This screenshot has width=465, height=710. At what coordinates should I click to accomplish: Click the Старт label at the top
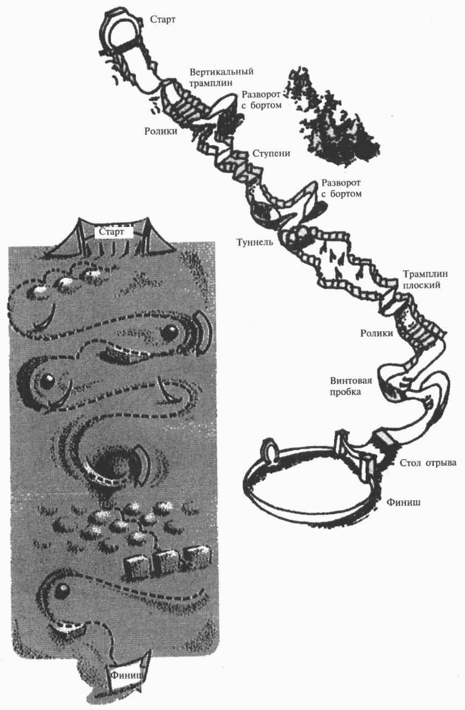tap(163, 19)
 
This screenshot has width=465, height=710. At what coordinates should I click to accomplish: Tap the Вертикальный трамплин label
tap(221, 77)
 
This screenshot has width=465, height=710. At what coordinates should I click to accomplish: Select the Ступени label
tap(271, 153)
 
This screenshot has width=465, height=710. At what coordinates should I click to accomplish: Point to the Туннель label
tap(255, 242)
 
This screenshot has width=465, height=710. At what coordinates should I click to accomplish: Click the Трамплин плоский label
tap(425, 279)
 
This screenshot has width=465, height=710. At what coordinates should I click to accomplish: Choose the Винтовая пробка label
tap(351, 386)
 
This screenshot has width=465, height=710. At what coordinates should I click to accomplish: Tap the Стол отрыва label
tap(428, 463)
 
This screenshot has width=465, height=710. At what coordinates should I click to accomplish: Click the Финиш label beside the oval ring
tap(404, 502)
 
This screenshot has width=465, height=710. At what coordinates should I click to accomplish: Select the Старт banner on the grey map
tap(112, 232)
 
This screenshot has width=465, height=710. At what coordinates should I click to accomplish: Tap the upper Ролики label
tap(160, 131)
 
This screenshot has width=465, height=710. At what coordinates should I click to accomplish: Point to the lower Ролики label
tap(377, 333)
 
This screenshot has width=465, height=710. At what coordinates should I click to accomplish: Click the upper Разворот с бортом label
tap(261, 100)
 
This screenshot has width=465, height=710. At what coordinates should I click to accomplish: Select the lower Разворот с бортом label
tap(341, 188)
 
